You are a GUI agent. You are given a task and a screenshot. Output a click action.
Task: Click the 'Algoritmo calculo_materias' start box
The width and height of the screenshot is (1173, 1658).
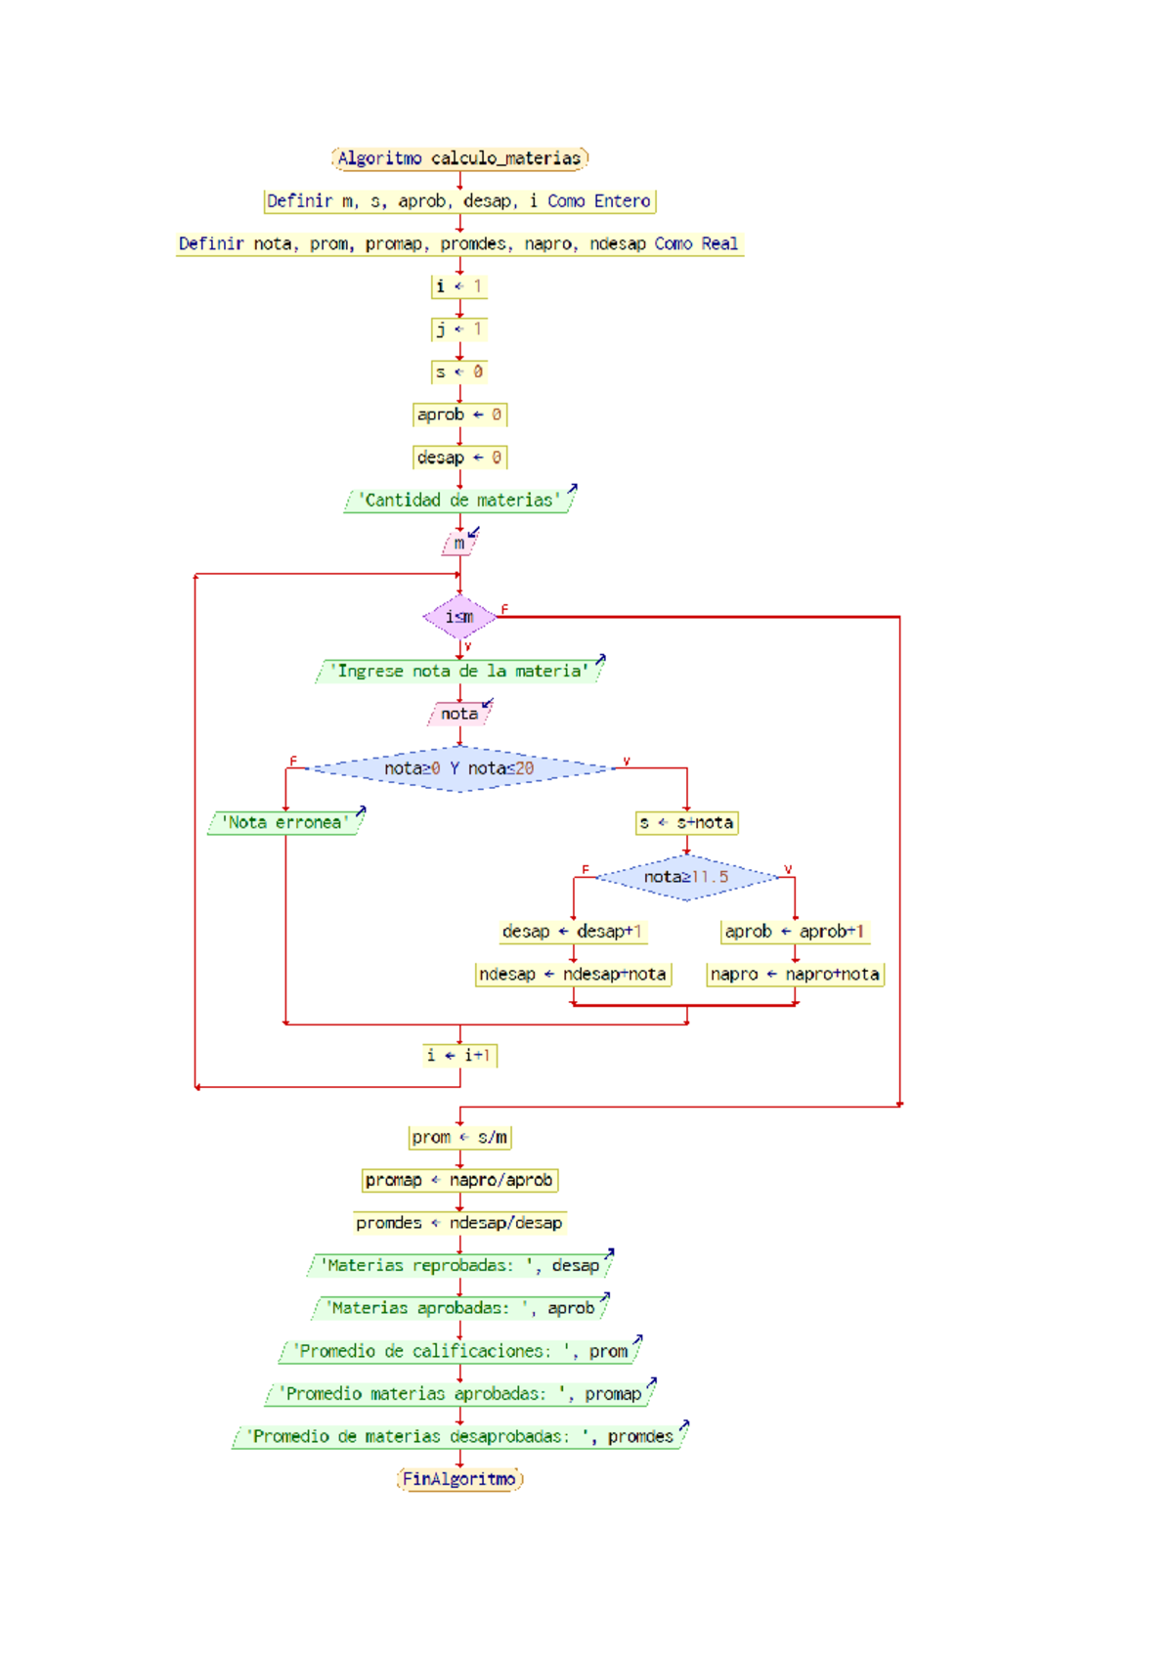459,158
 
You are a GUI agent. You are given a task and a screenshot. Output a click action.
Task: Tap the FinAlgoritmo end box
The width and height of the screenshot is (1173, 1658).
459,1479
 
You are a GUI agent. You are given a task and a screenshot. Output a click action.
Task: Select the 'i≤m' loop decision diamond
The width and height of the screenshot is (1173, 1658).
459,617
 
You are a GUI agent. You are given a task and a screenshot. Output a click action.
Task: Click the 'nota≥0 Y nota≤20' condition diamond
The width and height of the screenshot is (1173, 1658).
459,768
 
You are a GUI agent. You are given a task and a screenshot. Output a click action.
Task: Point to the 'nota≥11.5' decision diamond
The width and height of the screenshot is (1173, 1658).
686,877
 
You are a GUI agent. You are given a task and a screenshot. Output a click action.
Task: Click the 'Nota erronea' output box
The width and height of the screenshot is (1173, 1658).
284,822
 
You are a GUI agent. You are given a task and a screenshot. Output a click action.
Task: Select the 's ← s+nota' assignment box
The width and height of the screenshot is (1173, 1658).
686,822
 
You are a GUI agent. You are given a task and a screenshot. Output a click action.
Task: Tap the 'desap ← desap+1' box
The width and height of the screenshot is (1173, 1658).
572,932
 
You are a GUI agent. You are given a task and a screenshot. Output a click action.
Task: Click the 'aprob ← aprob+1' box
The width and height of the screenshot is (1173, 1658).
795,932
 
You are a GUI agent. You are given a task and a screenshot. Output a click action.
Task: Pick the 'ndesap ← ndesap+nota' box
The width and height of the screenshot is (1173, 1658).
572,975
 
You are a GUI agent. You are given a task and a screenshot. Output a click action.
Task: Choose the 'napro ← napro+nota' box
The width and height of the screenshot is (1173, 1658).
795,975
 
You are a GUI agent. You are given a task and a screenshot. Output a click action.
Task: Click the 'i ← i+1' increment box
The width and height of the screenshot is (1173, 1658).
459,1055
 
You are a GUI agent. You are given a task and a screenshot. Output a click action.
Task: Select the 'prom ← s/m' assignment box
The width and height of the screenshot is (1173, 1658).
459,1137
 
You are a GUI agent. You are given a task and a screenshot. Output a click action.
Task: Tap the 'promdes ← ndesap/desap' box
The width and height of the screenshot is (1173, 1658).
459,1223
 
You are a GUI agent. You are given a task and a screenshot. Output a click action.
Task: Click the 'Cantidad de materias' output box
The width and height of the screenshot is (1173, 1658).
459,501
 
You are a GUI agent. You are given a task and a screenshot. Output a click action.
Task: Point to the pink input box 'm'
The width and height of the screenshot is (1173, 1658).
459,544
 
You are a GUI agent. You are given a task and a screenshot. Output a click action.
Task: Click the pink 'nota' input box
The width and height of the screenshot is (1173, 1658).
459,714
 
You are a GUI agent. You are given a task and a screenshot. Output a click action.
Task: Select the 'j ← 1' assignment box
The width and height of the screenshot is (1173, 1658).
459,329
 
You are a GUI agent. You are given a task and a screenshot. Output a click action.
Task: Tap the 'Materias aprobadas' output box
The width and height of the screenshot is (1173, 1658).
459,1308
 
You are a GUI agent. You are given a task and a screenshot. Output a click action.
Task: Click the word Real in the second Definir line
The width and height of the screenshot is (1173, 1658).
719,243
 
